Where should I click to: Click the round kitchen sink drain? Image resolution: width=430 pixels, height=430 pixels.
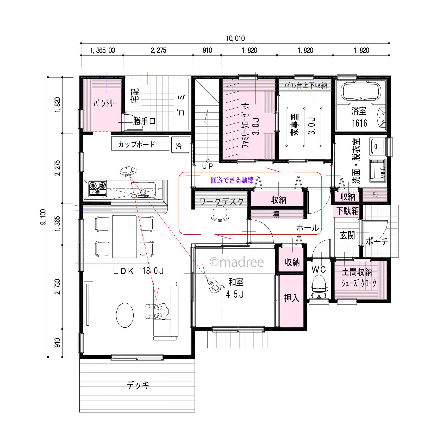(x=143, y=192)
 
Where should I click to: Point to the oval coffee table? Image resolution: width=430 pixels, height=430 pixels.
(x=125, y=315)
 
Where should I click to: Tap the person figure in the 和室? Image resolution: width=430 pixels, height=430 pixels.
(x=215, y=285)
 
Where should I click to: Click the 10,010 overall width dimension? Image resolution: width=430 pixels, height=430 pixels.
(x=235, y=38)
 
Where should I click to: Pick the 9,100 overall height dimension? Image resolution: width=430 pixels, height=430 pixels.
(x=43, y=217)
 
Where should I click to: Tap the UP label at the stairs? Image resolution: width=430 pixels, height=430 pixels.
(x=208, y=166)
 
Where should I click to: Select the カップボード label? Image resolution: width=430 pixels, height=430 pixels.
(x=136, y=144)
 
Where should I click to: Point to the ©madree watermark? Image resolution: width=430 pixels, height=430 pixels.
(x=236, y=262)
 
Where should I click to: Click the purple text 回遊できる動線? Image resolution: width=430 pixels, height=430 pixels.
(x=232, y=180)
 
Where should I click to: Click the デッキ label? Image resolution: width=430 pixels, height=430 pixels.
(x=138, y=385)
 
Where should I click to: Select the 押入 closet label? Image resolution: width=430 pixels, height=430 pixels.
(x=291, y=298)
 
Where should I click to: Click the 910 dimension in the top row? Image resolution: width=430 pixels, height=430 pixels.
(x=207, y=50)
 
